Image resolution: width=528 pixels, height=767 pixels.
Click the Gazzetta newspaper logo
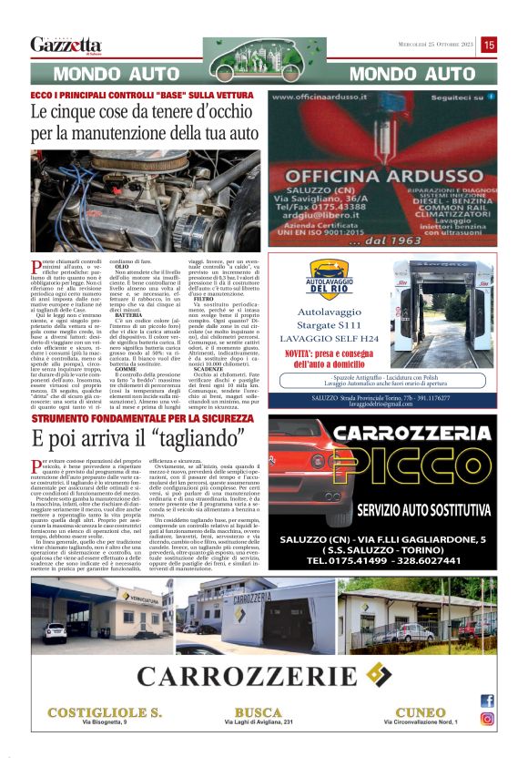tap(66, 45)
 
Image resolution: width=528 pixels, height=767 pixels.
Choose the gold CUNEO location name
tap(420, 711)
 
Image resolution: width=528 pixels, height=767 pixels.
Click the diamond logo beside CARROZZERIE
tap(377, 674)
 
